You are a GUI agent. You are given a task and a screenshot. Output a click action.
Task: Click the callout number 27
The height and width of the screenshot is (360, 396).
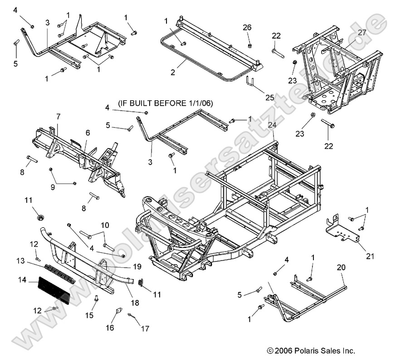[x=362, y=32]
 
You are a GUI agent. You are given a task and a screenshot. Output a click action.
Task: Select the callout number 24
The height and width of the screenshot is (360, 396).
[x=272, y=125]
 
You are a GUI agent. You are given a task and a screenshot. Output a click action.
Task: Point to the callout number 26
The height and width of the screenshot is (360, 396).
[x=247, y=28]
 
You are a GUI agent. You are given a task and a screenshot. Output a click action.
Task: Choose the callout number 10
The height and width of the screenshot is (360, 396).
[x=105, y=225]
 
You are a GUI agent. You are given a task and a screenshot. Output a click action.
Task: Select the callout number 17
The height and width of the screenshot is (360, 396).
[x=145, y=328]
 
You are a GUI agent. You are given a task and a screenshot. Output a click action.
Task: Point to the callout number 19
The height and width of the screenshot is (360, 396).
[x=137, y=266]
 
